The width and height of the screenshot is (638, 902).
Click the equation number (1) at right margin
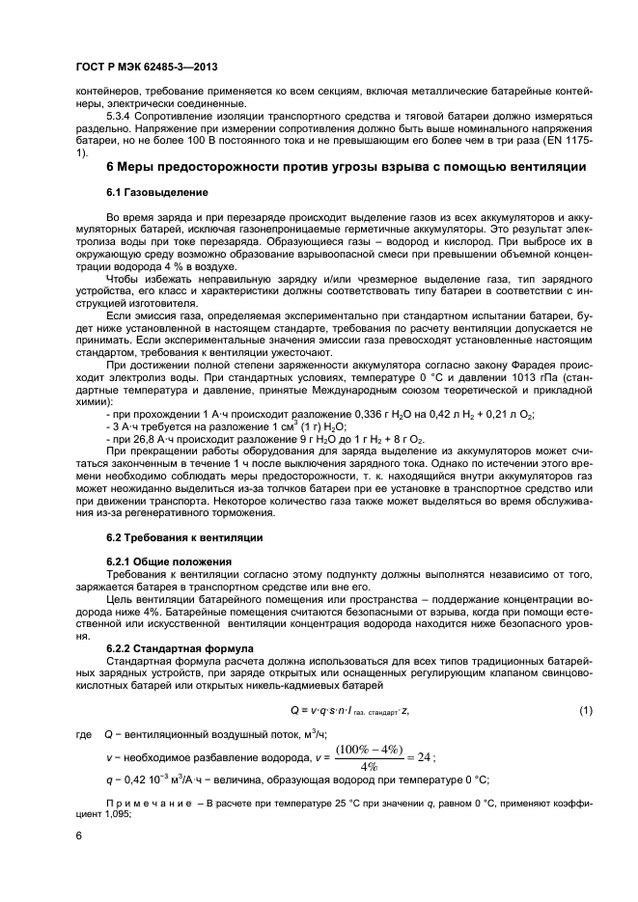pyautogui.click(x=585, y=711)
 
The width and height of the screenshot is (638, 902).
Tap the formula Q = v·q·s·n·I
pyautogui.click(x=349, y=711)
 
